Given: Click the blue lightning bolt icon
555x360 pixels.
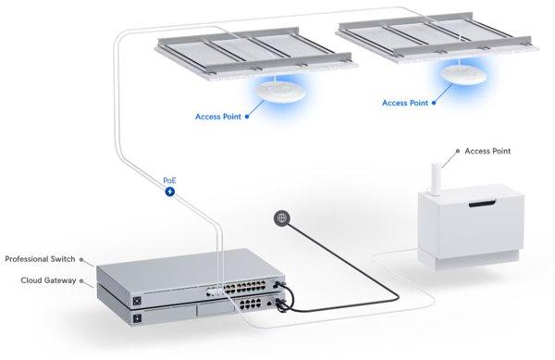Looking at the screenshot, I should (169, 192).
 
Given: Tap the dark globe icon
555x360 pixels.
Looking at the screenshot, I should (281, 218).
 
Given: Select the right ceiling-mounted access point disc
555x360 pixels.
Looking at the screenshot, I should (462, 71).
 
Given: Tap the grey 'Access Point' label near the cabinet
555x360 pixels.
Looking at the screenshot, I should (489, 151).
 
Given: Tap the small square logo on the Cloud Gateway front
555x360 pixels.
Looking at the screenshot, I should (137, 319).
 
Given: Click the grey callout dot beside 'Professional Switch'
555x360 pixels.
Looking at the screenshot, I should (82, 259).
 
